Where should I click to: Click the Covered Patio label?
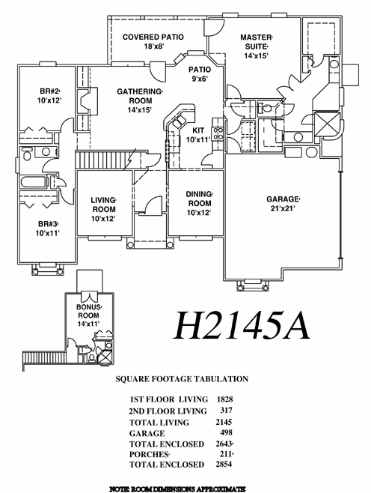coord(153,41)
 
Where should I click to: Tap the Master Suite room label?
coord(256,46)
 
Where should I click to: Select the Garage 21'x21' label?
coord(283,204)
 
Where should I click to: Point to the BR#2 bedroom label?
coord(49,96)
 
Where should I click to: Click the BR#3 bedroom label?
coord(48,229)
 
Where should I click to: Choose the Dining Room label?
coord(200,204)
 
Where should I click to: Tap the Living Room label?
coord(103,209)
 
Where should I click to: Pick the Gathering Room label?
coord(140,100)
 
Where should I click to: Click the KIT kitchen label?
coord(198,135)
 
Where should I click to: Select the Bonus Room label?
coord(89,315)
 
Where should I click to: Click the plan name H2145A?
coord(242,326)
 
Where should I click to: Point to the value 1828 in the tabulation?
coord(224,399)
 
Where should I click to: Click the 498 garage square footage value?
coord(227,432)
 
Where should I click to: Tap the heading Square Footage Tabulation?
coord(182,379)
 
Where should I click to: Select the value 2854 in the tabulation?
coord(224,464)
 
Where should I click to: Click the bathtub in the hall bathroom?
coord(34,182)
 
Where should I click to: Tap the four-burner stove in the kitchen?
coord(218,133)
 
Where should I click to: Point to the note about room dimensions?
coord(177,489)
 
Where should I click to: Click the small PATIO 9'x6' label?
coord(200,74)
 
